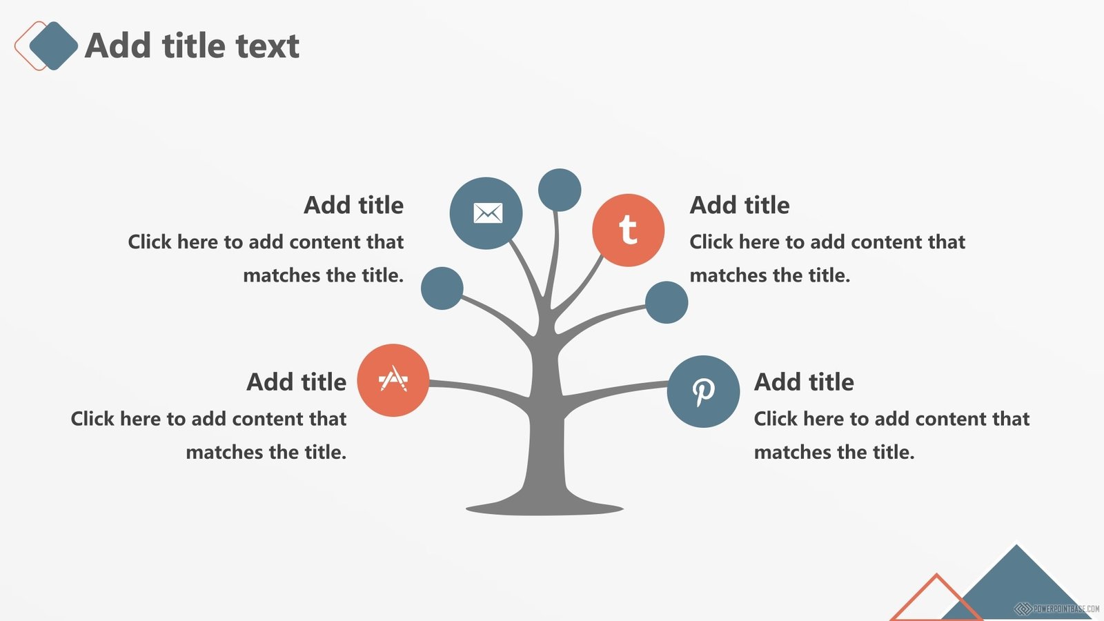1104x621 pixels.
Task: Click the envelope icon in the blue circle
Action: (x=488, y=213)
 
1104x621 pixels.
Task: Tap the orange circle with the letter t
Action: (x=628, y=230)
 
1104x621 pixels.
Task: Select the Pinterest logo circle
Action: (x=703, y=391)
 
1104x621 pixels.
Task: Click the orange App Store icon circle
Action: (x=393, y=380)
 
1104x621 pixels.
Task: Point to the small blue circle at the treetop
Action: (x=560, y=190)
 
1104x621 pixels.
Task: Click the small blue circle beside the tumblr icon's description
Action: (x=667, y=302)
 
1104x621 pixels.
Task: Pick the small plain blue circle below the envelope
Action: (x=442, y=288)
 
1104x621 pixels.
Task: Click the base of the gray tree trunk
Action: (x=544, y=508)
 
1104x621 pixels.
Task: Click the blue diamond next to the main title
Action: (x=54, y=46)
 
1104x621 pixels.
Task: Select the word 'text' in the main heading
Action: (x=267, y=46)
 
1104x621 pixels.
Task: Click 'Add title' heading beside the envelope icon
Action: (x=353, y=205)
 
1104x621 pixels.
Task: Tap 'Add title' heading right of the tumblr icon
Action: (x=739, y=205)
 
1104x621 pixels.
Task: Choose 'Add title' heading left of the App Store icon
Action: (x=296, y=382)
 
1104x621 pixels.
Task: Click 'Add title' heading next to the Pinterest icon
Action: (x=804, y=382)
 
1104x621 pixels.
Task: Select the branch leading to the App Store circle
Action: (x=479, y=389)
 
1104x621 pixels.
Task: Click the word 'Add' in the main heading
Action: (x=118, y=46)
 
